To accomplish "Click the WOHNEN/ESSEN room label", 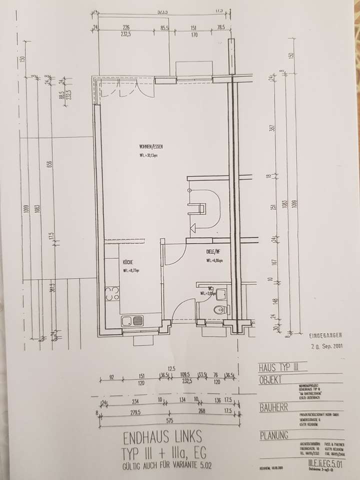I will coord(152,146).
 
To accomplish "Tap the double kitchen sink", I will coord(133,320).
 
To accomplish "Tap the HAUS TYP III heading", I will coord(278,367).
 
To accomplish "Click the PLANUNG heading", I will coord(274,435).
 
